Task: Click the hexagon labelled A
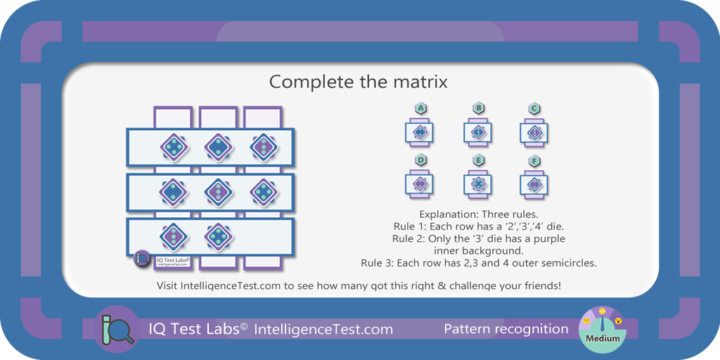click(420, 109)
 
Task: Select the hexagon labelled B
click(478, 109)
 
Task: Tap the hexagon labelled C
click(534, 109)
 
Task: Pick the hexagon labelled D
click(420, 161)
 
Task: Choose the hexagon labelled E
click(478, 161)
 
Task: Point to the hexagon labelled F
click(534, 161)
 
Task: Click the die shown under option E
click(478, 184)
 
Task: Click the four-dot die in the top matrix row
click(174, 148)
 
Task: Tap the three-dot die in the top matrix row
click(264, 148)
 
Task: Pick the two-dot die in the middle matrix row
click(174, 192)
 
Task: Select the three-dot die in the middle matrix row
click(219, 192)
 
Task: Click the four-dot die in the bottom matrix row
click(219, 237)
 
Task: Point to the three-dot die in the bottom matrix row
click(174, 237)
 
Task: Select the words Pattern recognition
click(506, 329)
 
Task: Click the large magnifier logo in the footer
click(116, 329)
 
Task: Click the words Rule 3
click(375, 264)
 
